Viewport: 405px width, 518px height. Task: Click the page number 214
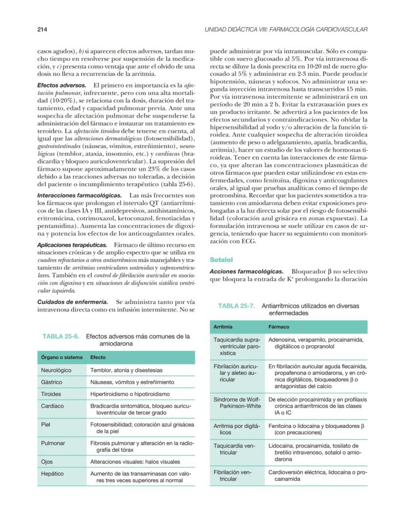tap(42, 30)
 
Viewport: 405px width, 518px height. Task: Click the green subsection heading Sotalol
tap(221, 259)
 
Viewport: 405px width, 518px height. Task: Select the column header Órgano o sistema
tap(61, 357)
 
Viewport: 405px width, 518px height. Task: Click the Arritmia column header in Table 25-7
tap(223, 327)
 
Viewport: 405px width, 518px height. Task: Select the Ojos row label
tap(48, 461)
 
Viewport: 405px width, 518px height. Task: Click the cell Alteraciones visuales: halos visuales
tap(135, 461)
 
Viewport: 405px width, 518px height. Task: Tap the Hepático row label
tap(53, 473)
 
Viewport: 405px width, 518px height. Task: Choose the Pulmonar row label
tap(53, 443)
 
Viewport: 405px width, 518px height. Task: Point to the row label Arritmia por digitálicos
tap(235, 429)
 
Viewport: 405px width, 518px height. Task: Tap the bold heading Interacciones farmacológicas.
tap(74, 195)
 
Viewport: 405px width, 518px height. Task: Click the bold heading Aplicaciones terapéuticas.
tap(72, 244)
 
